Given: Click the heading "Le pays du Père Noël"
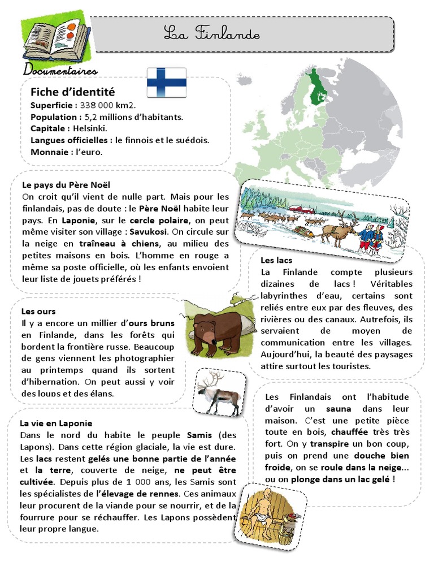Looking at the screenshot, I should point(66,185).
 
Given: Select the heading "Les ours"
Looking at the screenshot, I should point(36,311).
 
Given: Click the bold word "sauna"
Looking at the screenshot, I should point(338,409).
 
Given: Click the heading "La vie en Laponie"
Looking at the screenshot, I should point(55,423).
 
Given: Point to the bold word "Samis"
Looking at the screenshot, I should point(199,435).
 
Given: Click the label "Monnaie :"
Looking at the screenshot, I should point(50,152).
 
